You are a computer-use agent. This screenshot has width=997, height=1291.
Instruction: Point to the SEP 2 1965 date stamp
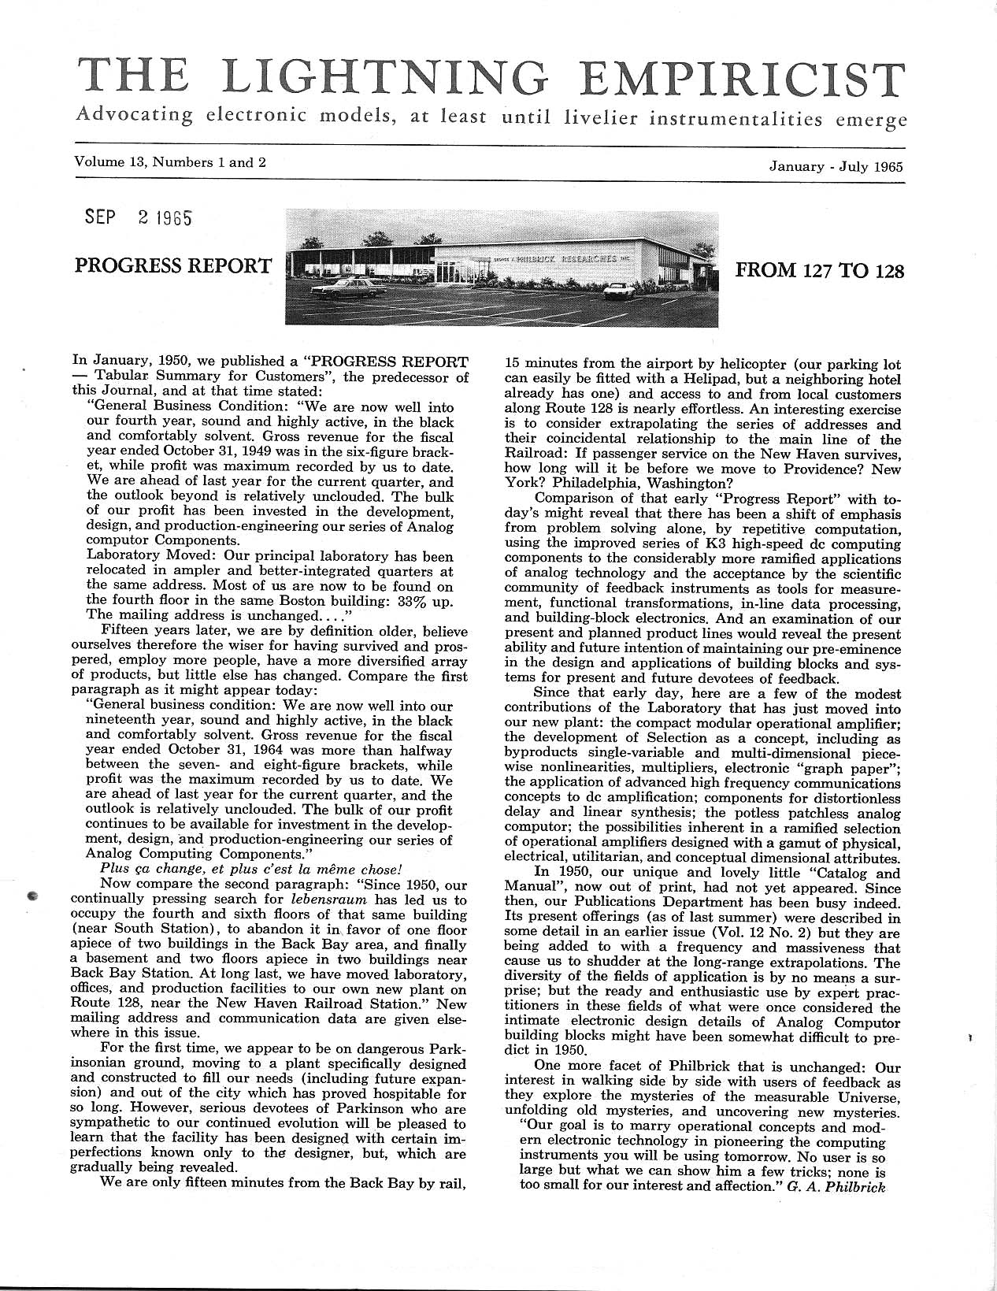click(x=138, y=217)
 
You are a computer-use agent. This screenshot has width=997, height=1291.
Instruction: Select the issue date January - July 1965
click(x=836, y=166)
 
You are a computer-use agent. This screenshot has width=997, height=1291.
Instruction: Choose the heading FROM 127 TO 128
click(x=819, y=272)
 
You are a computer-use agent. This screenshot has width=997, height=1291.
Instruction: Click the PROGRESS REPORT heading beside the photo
click(x=172, y=265)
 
